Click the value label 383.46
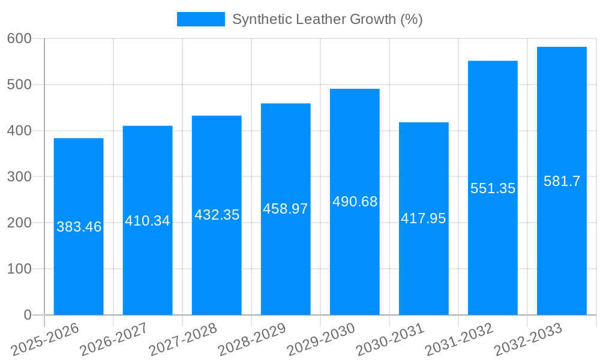[79, 227]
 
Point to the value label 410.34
[148, 221]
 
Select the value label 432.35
[217, 215]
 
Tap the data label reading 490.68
[355, 202]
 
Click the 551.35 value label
[493, 188]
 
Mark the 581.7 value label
[562, 181]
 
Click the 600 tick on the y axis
[19, 38]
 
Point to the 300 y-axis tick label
[19, 176]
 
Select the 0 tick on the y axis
[28, 315]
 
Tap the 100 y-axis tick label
[19, 269]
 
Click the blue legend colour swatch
[200, 19]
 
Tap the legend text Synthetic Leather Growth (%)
[327, 19]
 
